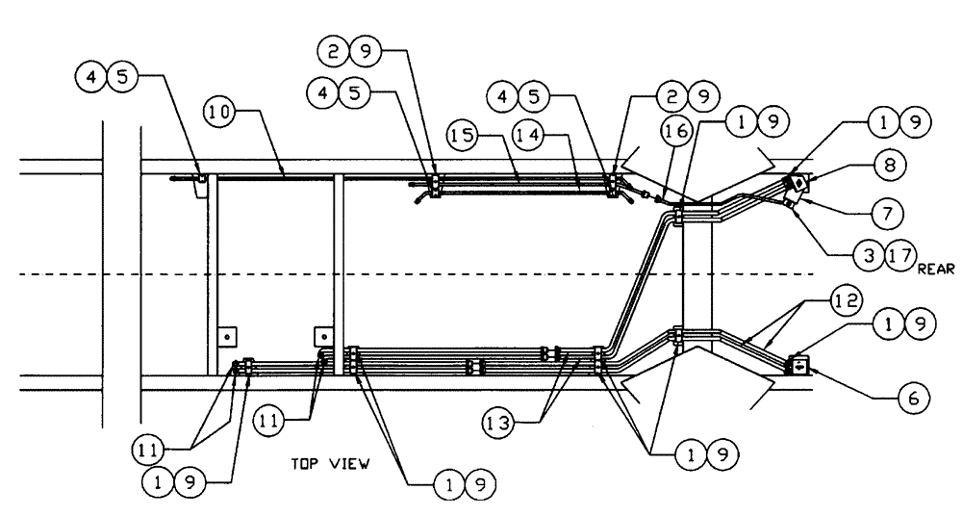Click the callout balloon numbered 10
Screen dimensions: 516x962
219,113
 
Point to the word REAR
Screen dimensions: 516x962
935,271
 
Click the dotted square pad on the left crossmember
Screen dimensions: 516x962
227,337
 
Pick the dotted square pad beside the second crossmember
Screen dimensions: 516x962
324,337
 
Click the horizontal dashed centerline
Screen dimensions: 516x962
385,276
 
